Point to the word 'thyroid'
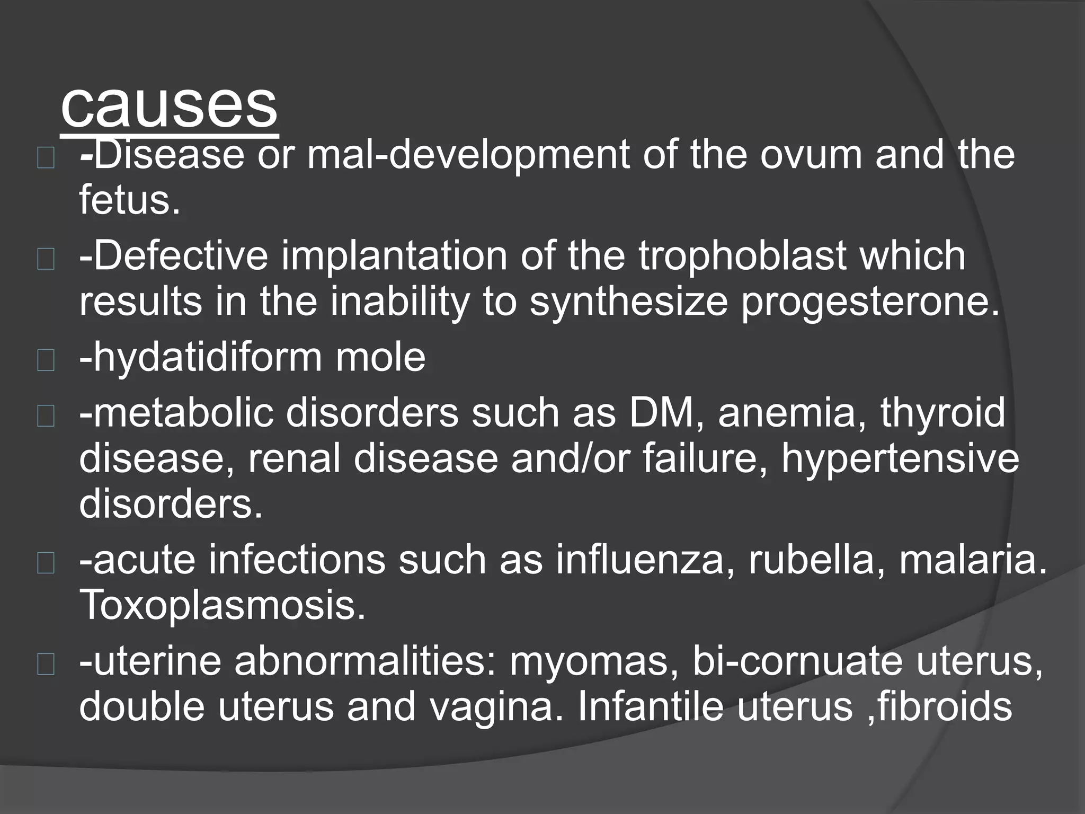click(x=942, y=412)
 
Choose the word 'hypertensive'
click(x=900, y=459)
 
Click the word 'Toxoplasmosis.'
click(x=223, y=605)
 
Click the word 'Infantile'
click(x=651, y=707)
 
